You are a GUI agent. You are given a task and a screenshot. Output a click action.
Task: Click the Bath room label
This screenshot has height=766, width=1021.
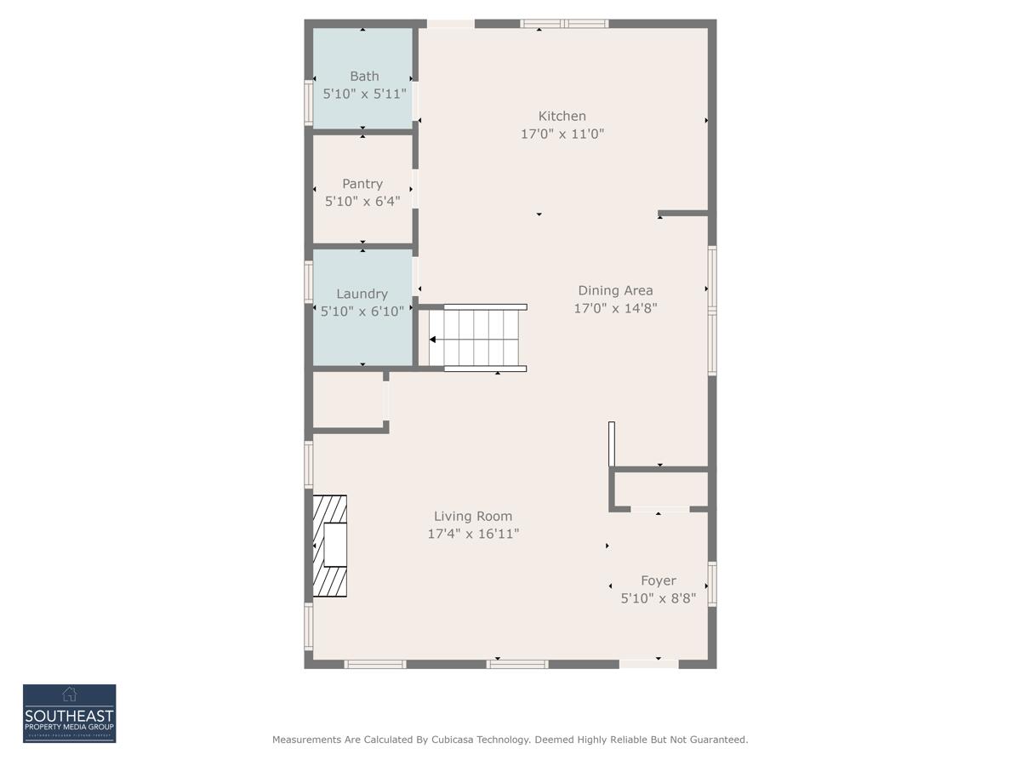click(364, 77)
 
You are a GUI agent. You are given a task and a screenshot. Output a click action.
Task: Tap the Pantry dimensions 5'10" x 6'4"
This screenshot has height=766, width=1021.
click(362, 202)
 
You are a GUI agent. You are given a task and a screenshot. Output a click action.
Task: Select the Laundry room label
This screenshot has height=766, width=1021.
click(362, 294)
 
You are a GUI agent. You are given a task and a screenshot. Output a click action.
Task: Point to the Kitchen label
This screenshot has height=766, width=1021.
click(562, 117)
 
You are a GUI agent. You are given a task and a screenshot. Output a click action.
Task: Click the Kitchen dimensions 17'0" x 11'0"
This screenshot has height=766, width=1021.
click(562, 134)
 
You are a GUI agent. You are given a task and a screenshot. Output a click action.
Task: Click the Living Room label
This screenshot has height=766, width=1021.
click(473, 517)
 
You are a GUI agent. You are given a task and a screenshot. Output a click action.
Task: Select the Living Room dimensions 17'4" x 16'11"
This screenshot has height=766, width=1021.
click(473, 534)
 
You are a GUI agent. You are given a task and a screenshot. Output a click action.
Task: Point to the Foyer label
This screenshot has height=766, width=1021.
click(658, 581)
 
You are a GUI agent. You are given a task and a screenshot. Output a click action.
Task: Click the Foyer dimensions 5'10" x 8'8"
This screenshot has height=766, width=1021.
click(658, 599)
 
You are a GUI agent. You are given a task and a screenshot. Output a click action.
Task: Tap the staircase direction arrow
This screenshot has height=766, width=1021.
click(433, 340)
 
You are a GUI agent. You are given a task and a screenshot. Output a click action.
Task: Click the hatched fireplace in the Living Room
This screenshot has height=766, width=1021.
click(330, 546)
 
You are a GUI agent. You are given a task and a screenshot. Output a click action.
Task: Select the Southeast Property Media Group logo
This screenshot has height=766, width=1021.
click(69, 713)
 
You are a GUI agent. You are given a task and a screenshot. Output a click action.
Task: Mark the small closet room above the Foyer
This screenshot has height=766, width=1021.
click(661, 489)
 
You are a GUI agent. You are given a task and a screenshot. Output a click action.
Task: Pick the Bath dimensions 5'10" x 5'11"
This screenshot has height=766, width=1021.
click(364, 94)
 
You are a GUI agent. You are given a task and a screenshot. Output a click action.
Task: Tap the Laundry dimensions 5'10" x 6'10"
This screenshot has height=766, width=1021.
click(362, 312)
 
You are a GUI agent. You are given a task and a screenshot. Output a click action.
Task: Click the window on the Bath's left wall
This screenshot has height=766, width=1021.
click(309, 102)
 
